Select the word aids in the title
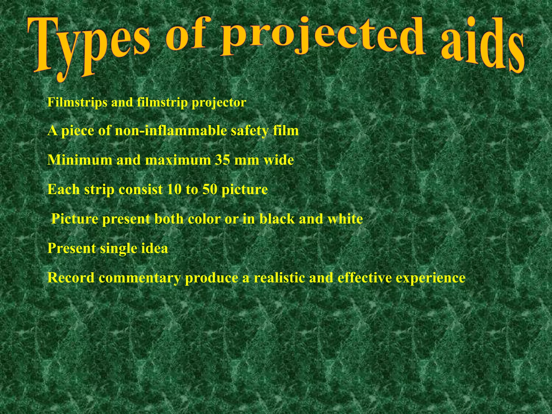(482, 47)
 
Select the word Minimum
(79, 160)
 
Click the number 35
(222, 160)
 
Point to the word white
(345, 219)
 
